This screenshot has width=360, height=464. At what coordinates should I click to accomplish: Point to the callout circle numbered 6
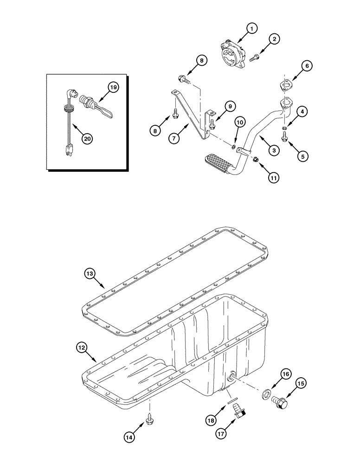pos(307,66)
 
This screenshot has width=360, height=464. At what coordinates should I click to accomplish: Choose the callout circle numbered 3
pos(274,150)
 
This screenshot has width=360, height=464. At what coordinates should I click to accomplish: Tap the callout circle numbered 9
pos(229,105)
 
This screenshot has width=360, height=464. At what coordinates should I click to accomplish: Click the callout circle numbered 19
pos(112,86)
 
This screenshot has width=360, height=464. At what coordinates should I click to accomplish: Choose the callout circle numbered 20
pos(86,138)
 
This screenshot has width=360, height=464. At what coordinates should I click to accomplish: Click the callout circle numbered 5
pos(302,156)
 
